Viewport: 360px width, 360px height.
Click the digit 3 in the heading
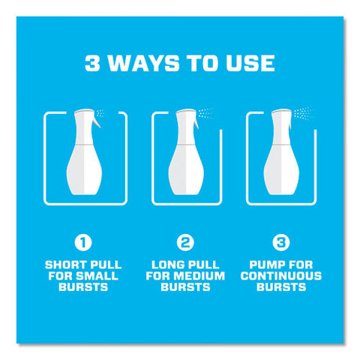[x=92, y=63]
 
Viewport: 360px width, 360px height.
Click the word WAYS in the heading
[x=143, y=63]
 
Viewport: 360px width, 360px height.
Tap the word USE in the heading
[x=250, y=63]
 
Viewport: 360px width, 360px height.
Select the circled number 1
[x=83, y=242]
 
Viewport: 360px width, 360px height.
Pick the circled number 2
[x=185, y=242]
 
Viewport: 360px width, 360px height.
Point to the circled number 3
[x=281, y=242]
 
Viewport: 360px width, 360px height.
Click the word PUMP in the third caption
[x=265, y=265]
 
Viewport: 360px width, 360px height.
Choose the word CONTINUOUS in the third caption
[x=281, y=276]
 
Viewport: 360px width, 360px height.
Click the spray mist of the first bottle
[x=100, y=113]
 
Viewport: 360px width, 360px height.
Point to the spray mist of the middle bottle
[x=205, y=113]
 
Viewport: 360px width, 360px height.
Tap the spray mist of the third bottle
[x=302, y=113]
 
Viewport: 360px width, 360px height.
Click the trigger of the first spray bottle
[x=97, y=122]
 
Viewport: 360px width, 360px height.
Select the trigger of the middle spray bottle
[x=196, y=124]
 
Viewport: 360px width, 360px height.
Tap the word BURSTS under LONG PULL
[x=185, y=286]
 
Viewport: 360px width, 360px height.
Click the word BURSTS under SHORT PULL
[x=83, y=286]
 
